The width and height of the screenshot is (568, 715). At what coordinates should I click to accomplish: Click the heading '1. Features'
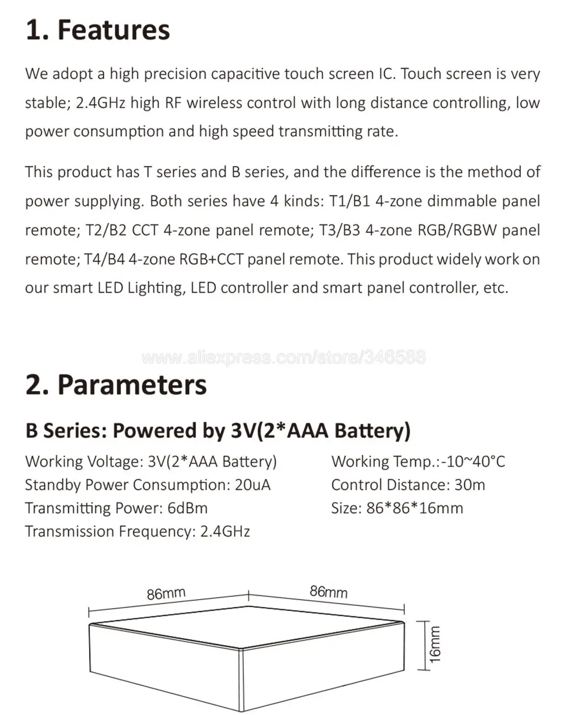pos(98,30)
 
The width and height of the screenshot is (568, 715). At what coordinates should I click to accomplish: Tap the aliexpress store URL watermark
pos(283,357)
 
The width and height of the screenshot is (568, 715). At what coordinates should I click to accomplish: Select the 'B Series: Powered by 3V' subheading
pos(218,430)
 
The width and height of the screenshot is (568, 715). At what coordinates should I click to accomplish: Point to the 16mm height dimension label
pos(435,644)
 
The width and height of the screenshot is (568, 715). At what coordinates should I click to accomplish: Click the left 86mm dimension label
pos(166,593)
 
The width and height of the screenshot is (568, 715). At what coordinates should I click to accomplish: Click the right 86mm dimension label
pos(328,592)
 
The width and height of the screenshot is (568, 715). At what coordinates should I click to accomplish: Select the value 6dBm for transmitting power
pos(187,508)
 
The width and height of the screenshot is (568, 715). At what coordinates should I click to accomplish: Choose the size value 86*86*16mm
pos(415,508)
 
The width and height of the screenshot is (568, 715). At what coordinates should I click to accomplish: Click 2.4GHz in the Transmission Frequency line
pos(225,531)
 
